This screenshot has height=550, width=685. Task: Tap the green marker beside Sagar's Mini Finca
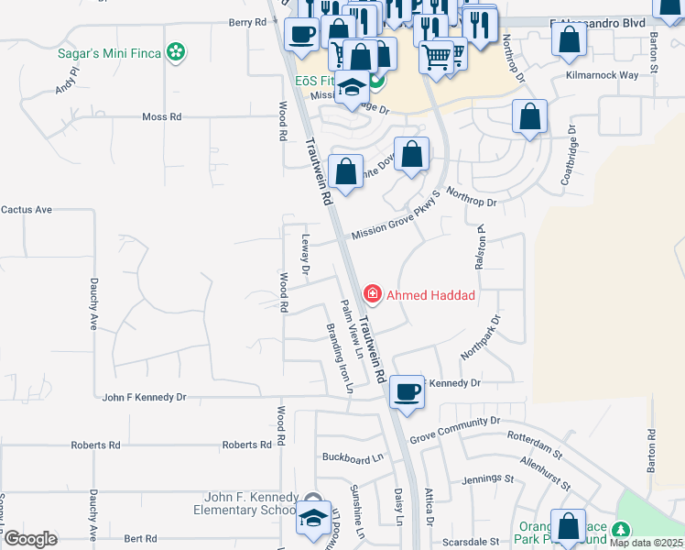[177, 52]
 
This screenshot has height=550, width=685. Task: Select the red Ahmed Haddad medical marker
[373, 294]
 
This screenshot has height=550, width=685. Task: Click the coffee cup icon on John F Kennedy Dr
[406, 390]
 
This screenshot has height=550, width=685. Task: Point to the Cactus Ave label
[27, 210]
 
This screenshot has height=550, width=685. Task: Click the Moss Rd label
[162, 117]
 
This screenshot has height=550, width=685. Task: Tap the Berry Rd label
[246, 22]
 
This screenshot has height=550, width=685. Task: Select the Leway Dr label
[306, 255]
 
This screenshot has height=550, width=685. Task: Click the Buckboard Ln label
[351, 456]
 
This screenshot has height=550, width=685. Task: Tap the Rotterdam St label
[536, 440]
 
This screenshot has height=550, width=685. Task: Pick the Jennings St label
[487, 478]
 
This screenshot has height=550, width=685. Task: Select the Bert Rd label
[141, 539]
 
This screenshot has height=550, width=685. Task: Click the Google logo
[30, 539]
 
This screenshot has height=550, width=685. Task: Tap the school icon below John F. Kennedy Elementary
[313, 518]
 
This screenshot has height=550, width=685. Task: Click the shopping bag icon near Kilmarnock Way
[570, 40]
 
